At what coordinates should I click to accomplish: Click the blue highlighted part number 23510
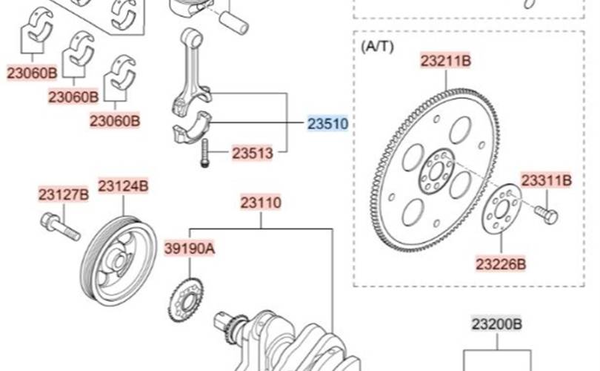pos(328,124)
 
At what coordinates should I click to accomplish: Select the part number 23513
pos(253,153)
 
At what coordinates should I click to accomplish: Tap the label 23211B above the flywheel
pos(446,61)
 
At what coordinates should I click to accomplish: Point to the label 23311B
pos(547,180)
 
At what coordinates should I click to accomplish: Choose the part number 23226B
pos(501,264)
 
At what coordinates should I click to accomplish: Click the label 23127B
pos(64,194)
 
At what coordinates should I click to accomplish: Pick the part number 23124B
pos(123,186)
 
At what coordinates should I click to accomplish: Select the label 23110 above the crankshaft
pos(261,203)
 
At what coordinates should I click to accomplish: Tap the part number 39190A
pos(190,249)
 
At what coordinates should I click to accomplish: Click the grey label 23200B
pos(497,324)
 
